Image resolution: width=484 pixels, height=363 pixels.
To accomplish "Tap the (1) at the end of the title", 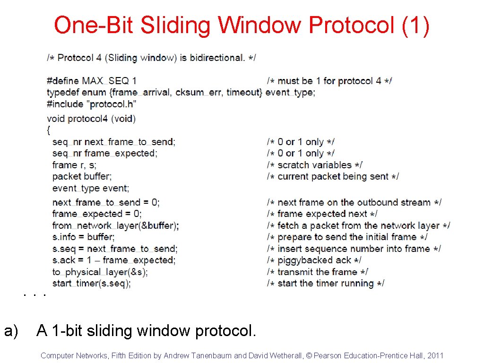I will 415,26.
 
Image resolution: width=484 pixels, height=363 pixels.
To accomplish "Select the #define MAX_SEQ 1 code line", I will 92,81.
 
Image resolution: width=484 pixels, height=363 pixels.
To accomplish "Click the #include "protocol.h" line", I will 92,104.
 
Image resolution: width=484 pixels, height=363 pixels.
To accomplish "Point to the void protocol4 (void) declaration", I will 91,118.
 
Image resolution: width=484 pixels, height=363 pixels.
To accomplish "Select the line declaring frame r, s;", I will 75,165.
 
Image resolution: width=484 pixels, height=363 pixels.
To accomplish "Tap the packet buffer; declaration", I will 82,176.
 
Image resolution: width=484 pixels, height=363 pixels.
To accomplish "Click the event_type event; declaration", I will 90,188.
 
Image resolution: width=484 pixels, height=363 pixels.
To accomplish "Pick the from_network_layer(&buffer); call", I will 115,225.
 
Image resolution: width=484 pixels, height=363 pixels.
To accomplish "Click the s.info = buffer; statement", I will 83,237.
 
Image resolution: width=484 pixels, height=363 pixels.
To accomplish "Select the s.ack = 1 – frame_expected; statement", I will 113,260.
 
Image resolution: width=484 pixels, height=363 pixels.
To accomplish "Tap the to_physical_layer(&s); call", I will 100,272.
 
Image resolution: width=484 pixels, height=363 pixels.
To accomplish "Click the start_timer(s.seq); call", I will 92,284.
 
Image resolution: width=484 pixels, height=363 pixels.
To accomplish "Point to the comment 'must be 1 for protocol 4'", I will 329,81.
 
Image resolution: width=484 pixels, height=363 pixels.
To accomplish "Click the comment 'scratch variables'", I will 315,165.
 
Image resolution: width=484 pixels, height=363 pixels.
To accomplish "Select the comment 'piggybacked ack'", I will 314,260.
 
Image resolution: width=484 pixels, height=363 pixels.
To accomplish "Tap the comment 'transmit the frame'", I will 317,272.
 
